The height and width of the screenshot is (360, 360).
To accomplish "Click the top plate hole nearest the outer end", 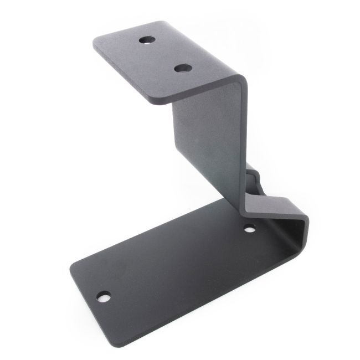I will [147, 40].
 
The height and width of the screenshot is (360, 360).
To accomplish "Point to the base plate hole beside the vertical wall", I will [250, 228].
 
